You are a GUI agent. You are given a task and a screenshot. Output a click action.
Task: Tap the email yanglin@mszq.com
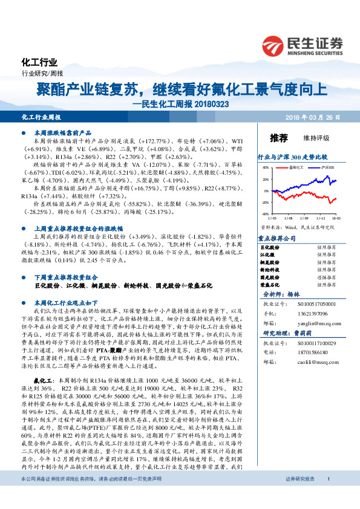[314, 323]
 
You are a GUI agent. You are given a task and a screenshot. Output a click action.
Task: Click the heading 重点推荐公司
[277, 238]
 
